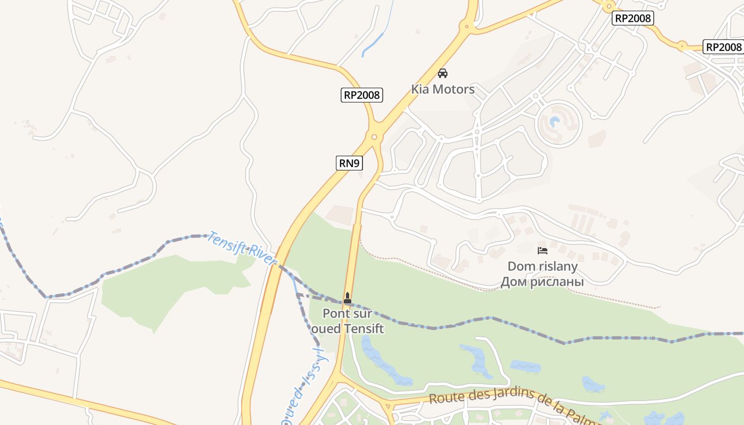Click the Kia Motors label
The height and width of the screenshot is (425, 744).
443,89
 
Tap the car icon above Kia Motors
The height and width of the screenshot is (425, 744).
443,73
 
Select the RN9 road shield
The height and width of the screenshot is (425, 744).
349,163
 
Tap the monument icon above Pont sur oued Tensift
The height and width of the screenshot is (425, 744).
348,298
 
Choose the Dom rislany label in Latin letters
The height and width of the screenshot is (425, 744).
542,266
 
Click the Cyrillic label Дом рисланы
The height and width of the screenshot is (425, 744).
542,282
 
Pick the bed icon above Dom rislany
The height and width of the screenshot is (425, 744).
542,251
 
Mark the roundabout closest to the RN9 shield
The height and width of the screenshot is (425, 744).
374,137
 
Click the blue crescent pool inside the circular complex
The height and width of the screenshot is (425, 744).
555,123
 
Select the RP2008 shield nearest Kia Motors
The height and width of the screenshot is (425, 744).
362,95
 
